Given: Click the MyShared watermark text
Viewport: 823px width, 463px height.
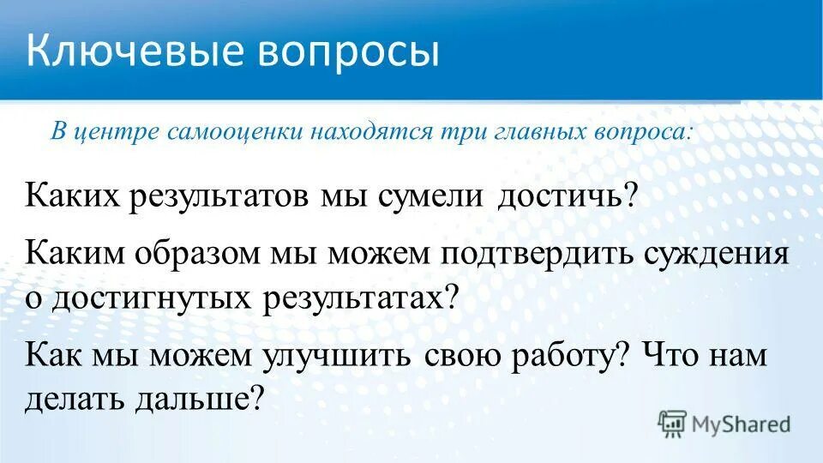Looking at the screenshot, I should click(x=742, y=424).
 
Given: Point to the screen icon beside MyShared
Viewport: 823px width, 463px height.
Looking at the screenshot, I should click(x=671, y=423).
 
